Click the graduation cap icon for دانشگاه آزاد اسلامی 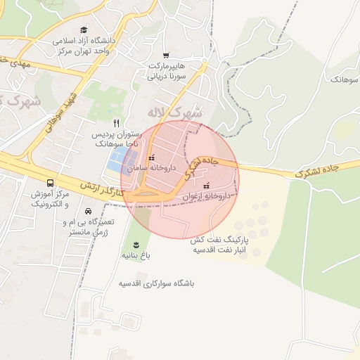coord(84,30)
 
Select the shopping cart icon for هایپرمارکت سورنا coord(166,55)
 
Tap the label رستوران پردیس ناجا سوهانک coord(118,138)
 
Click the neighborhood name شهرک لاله coord(175,112)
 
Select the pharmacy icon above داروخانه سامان coord(151,159)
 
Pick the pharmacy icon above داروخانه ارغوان coord(206,186)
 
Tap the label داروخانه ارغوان coord(205,198)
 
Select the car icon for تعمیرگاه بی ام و coord(88,211)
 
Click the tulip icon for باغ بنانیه coord(135,245)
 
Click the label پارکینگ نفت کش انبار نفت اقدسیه coord(224,244)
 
